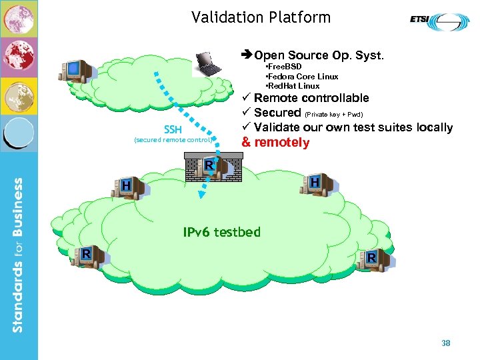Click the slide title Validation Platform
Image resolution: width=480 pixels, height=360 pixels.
click(x=261, y=17)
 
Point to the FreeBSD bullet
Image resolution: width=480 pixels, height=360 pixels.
click(x=284, y=67)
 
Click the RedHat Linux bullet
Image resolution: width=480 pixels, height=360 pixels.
click(x=293, y=86)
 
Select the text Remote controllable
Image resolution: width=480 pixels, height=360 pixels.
click(x=311, y=98)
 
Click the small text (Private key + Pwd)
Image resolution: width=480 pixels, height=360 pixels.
click(x=333, y=114)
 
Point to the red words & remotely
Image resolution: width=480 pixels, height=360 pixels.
click(x=275, y=142)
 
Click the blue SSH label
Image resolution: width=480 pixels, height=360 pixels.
click(x=173, y=129)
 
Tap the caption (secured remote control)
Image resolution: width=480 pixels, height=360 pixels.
click(x=173, y=140)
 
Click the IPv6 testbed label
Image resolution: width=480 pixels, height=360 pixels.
click(x=222, y=232)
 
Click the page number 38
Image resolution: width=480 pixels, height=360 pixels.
click(x=446, y=343)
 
